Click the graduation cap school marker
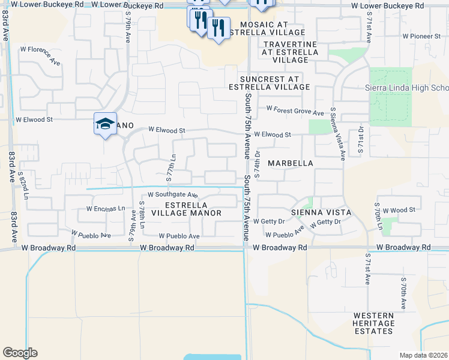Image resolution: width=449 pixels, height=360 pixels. (106, 124)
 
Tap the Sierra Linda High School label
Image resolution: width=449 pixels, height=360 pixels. (407, 88)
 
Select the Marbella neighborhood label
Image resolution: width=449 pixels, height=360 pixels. (291, 163)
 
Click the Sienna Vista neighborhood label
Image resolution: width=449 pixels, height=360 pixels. (321, 212)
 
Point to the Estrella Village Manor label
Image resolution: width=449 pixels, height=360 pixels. (185, 209)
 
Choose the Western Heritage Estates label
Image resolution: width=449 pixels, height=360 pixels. (382, 323)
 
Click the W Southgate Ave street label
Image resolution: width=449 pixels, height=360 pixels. (172, 195)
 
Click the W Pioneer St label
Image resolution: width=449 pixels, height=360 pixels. (421, 37)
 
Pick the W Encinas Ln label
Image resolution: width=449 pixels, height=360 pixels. (105, 209)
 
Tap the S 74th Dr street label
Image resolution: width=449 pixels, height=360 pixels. (257, 164)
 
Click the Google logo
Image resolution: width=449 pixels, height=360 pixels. (20, 353)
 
